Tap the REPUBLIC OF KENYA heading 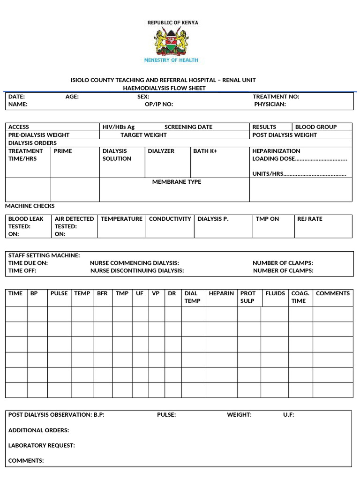(x=172, y=22)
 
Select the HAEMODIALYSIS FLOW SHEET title (x=164, y=88)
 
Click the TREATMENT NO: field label (x=276, y=97)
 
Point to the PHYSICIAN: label (x=270, y=104)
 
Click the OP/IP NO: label (x=159, y=104)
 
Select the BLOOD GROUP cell (x=315, y=127)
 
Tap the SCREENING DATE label (x=188, y=127)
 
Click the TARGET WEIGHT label (x=143, y=135)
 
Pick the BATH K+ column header (x=205, y=151)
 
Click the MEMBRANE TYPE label (x=177, y=182)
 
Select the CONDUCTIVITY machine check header (x=170, y=219)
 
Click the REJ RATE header (x=309, y=219)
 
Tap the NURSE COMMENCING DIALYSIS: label (x=135, y=263)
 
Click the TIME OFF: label (x=22, y=270)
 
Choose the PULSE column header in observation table (x=59, y=293)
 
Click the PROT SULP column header (x=248, y=297)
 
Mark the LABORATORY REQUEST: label (x=41, y=445)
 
